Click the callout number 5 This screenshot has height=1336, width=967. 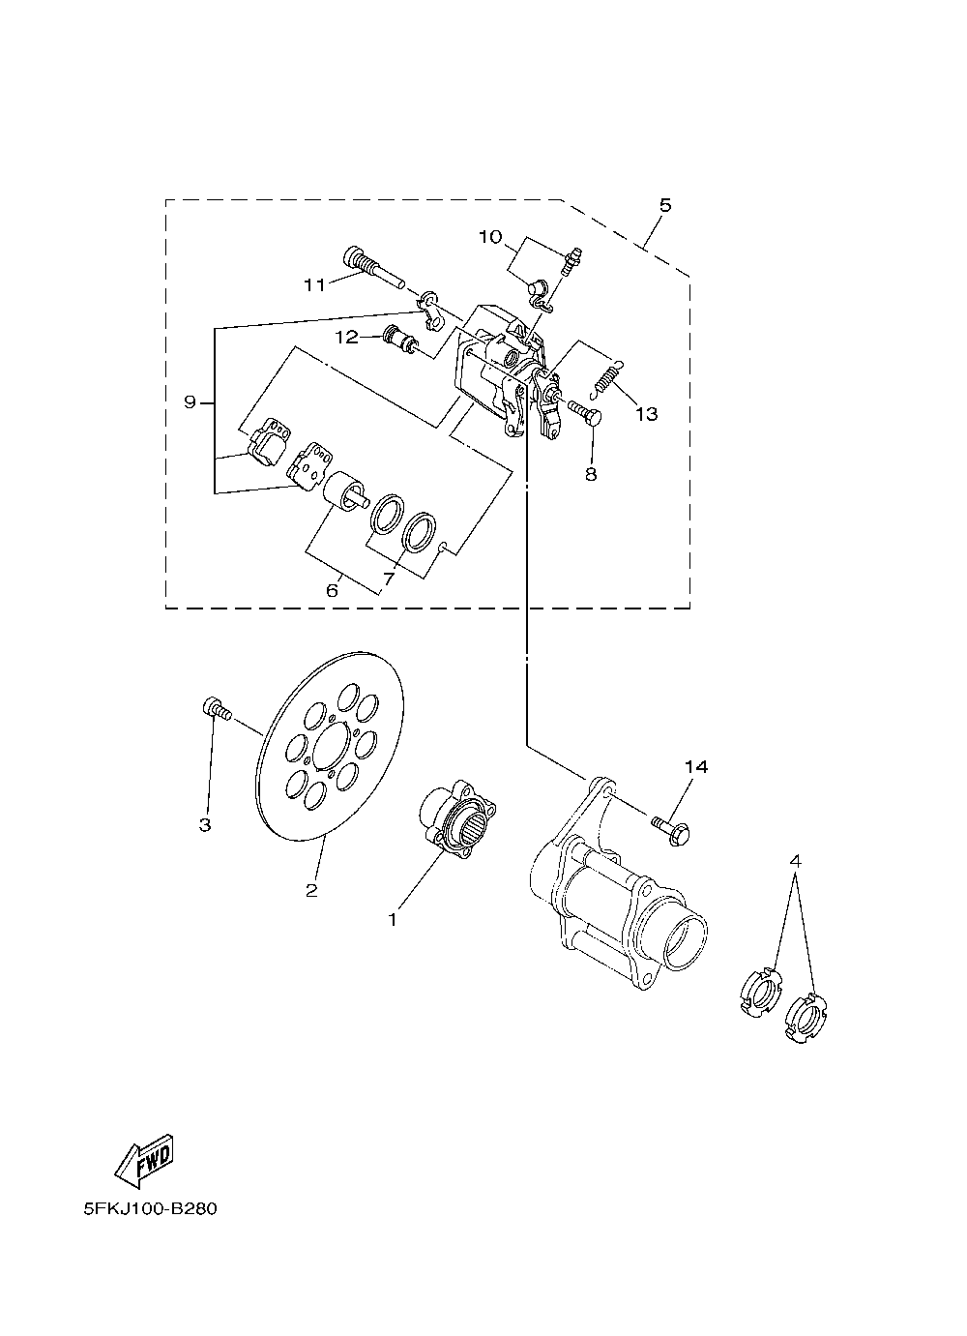coord(665,205)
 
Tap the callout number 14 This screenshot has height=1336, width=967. coord(696,767)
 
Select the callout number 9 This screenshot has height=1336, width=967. coord(190,401)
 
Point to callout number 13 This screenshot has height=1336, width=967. coord(646,414)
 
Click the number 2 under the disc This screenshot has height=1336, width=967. coord(311,891)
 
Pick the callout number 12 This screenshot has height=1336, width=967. coord(346,337)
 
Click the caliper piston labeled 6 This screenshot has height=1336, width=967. coord(343,490)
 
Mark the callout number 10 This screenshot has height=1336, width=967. coord(490,237)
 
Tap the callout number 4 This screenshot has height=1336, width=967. coord(795,859)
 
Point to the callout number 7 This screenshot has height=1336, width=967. coord(389,579)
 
